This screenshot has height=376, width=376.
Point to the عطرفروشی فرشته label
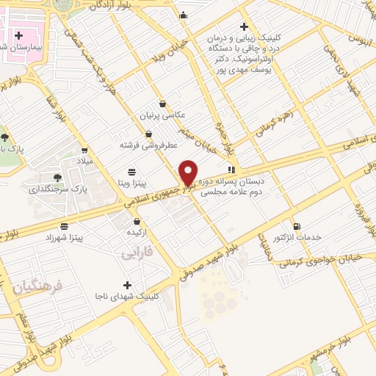[x=150, y=145]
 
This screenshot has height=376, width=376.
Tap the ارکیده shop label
[x=137, y=233]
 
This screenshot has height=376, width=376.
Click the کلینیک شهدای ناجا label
[x=127, y=296]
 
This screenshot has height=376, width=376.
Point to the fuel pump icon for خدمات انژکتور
[x=297, y=227]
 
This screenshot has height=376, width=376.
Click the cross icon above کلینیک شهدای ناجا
[x=127, y=285]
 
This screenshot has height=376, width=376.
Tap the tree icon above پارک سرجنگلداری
[x=58, y=178]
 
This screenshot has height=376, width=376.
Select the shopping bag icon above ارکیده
[x=137, y=222]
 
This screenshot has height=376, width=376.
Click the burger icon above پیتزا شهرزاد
[x=65, y=228]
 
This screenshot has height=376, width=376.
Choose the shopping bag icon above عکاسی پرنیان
[x=163, y=104]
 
